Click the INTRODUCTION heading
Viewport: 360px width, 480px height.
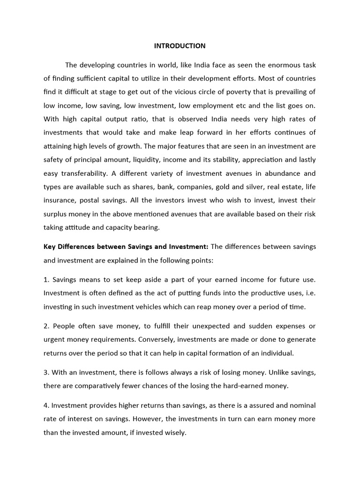pyautogui.click(x=180, y=46)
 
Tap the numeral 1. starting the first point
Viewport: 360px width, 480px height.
pyautogui.click(x=46, y=280)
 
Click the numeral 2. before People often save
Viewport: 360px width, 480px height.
pyautogui.click(x=46, y=326)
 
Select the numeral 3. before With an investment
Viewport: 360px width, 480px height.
pyautogui.click(x=46, y=372)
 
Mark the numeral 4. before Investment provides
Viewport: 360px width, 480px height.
pyautogui.click(x=46, y=405)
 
